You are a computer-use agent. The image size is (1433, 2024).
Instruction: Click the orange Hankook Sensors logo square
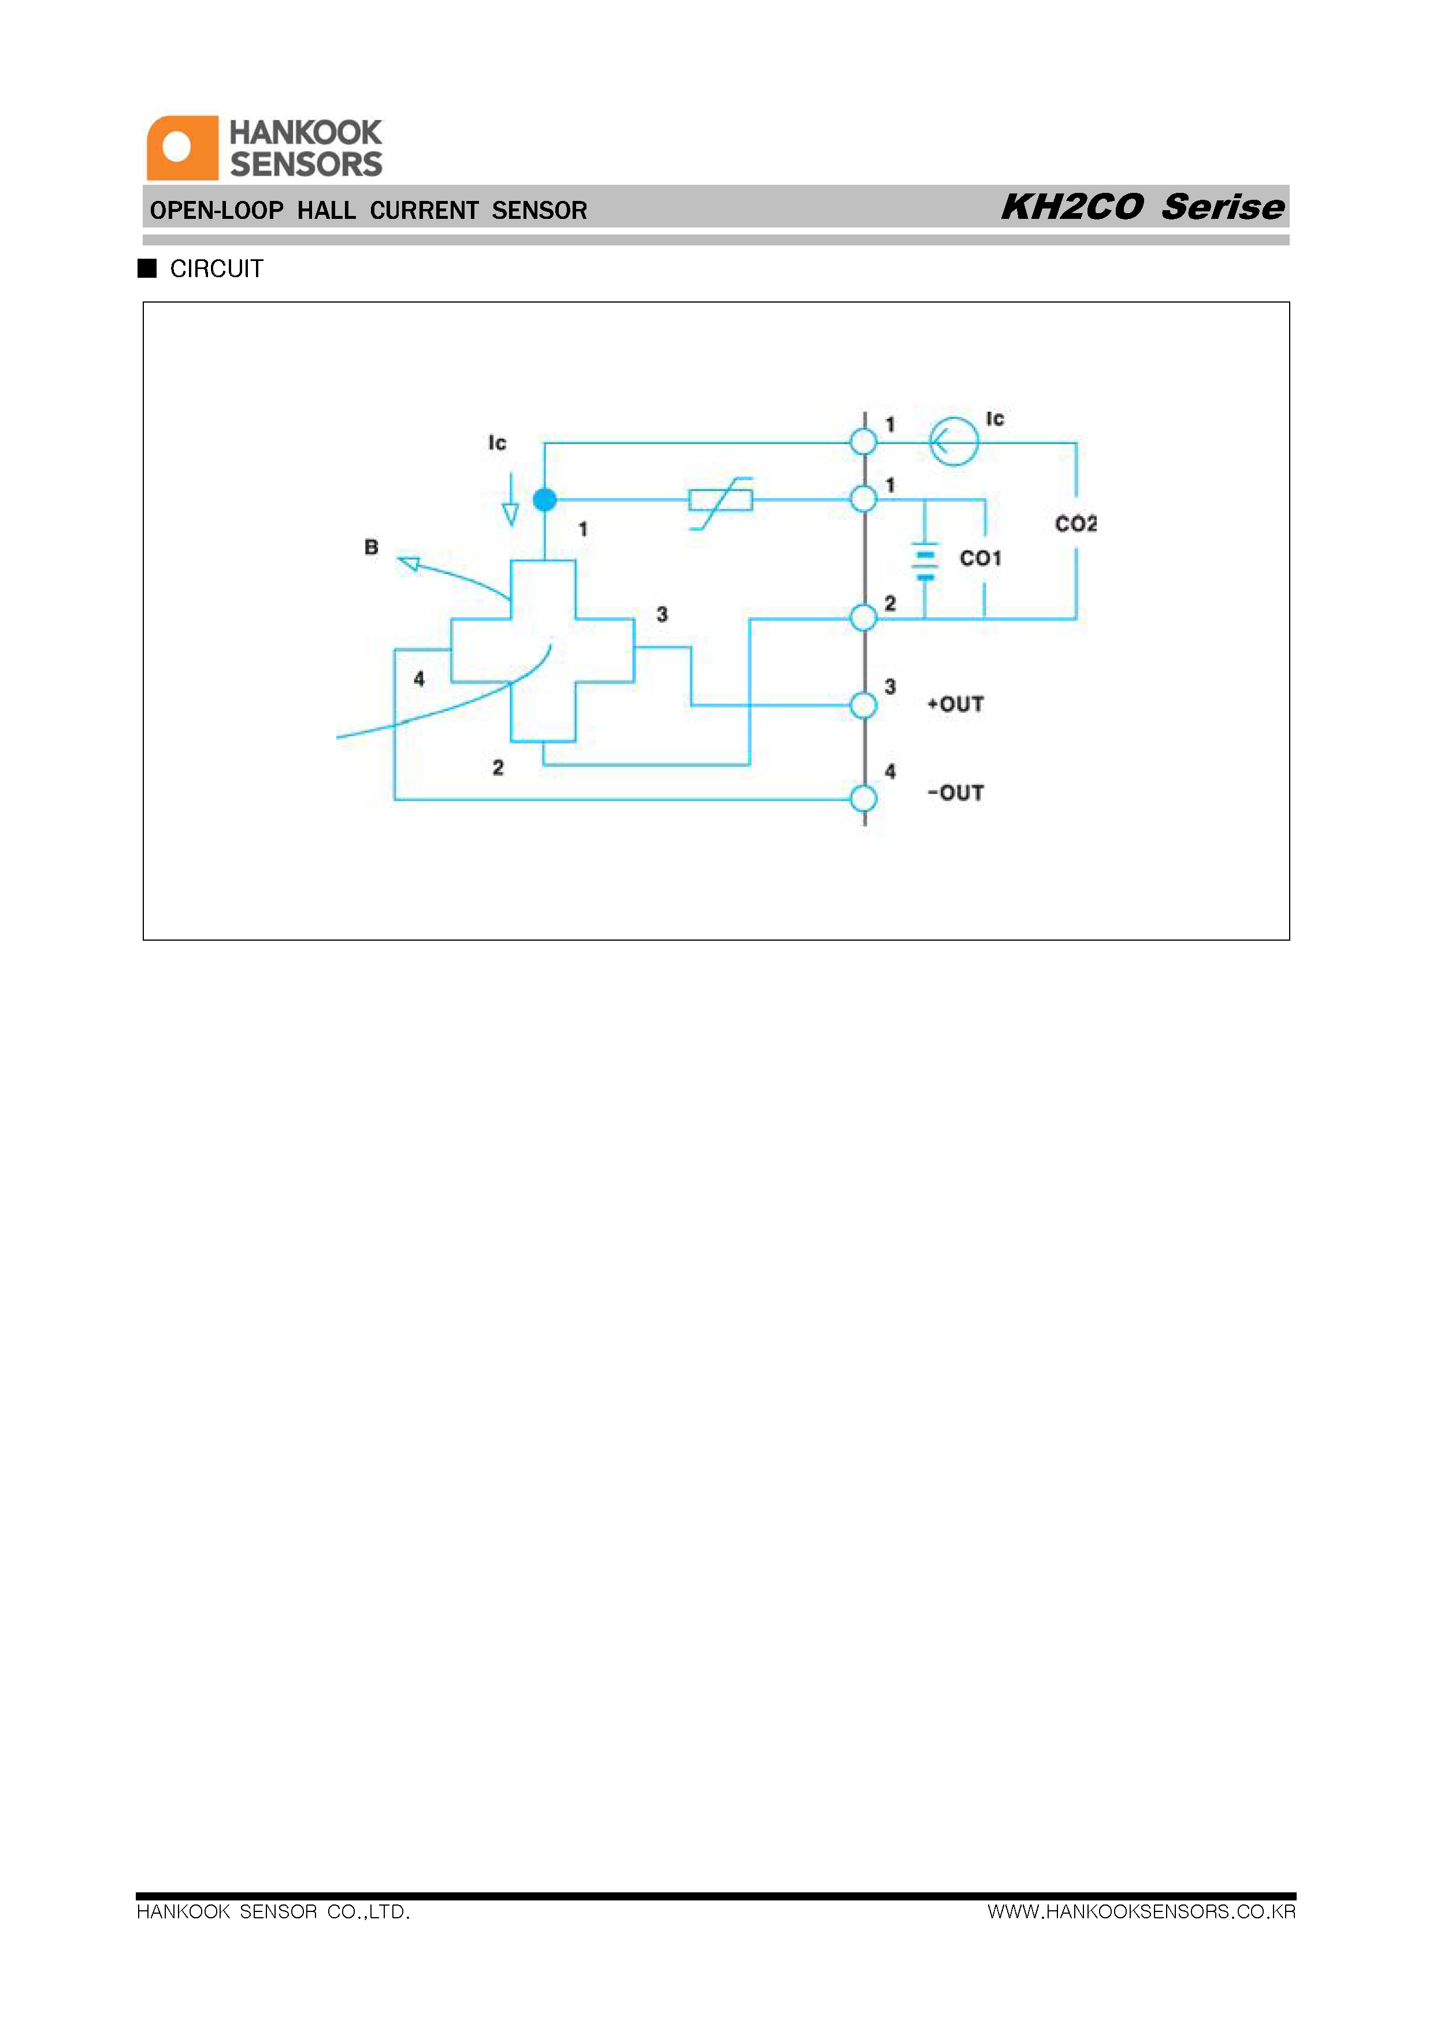tap(183, 148)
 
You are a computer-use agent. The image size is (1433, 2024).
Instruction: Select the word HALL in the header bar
tap(326, 211)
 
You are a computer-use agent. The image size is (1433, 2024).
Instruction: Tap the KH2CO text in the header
tap(1072, 207)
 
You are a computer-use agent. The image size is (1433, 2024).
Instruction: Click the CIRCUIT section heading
tap(216, 269)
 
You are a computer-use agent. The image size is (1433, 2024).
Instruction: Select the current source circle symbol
tap(954, 441)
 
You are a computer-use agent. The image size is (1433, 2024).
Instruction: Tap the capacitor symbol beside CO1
tap(925, 562)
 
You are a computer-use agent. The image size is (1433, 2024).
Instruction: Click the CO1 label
tap(981, 558)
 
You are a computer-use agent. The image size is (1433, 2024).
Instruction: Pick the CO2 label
tap(1076, 524)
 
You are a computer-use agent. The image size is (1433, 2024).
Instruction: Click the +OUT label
tap(956, 705)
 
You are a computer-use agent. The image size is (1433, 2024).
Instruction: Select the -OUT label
tap(956, 793)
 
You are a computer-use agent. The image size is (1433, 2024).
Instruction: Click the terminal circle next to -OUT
tap(864, 799)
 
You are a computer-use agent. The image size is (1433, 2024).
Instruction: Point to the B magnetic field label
tap(372, 547)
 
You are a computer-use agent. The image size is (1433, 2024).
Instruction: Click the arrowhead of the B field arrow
tap(409, 562)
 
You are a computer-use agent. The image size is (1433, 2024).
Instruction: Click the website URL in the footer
tap(1142, 1912)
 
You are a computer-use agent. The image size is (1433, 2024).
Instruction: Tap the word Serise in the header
tap(1223, 207)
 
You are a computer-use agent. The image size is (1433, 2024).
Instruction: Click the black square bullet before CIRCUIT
tap(147, 268)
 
